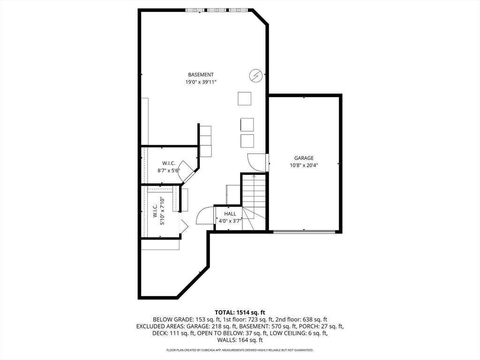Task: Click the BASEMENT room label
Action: [201, 75]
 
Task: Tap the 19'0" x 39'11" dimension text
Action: [201, 82]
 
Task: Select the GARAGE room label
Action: [304, 158]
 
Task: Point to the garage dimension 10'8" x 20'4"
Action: [304, 165]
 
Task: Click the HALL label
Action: [230, 214]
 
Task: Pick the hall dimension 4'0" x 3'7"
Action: [230, 221]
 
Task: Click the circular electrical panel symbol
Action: [255, 75]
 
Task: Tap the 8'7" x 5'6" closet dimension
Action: [169, 171]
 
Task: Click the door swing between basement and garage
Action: [257, 162]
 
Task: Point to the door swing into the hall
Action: [205, 217]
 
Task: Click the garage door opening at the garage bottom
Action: [304, 232]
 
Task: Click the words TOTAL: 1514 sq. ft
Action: [240, 312]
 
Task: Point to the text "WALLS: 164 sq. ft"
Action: [240, 340]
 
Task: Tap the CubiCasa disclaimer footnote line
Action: [240, 350]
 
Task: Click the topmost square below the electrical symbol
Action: [244, 98]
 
